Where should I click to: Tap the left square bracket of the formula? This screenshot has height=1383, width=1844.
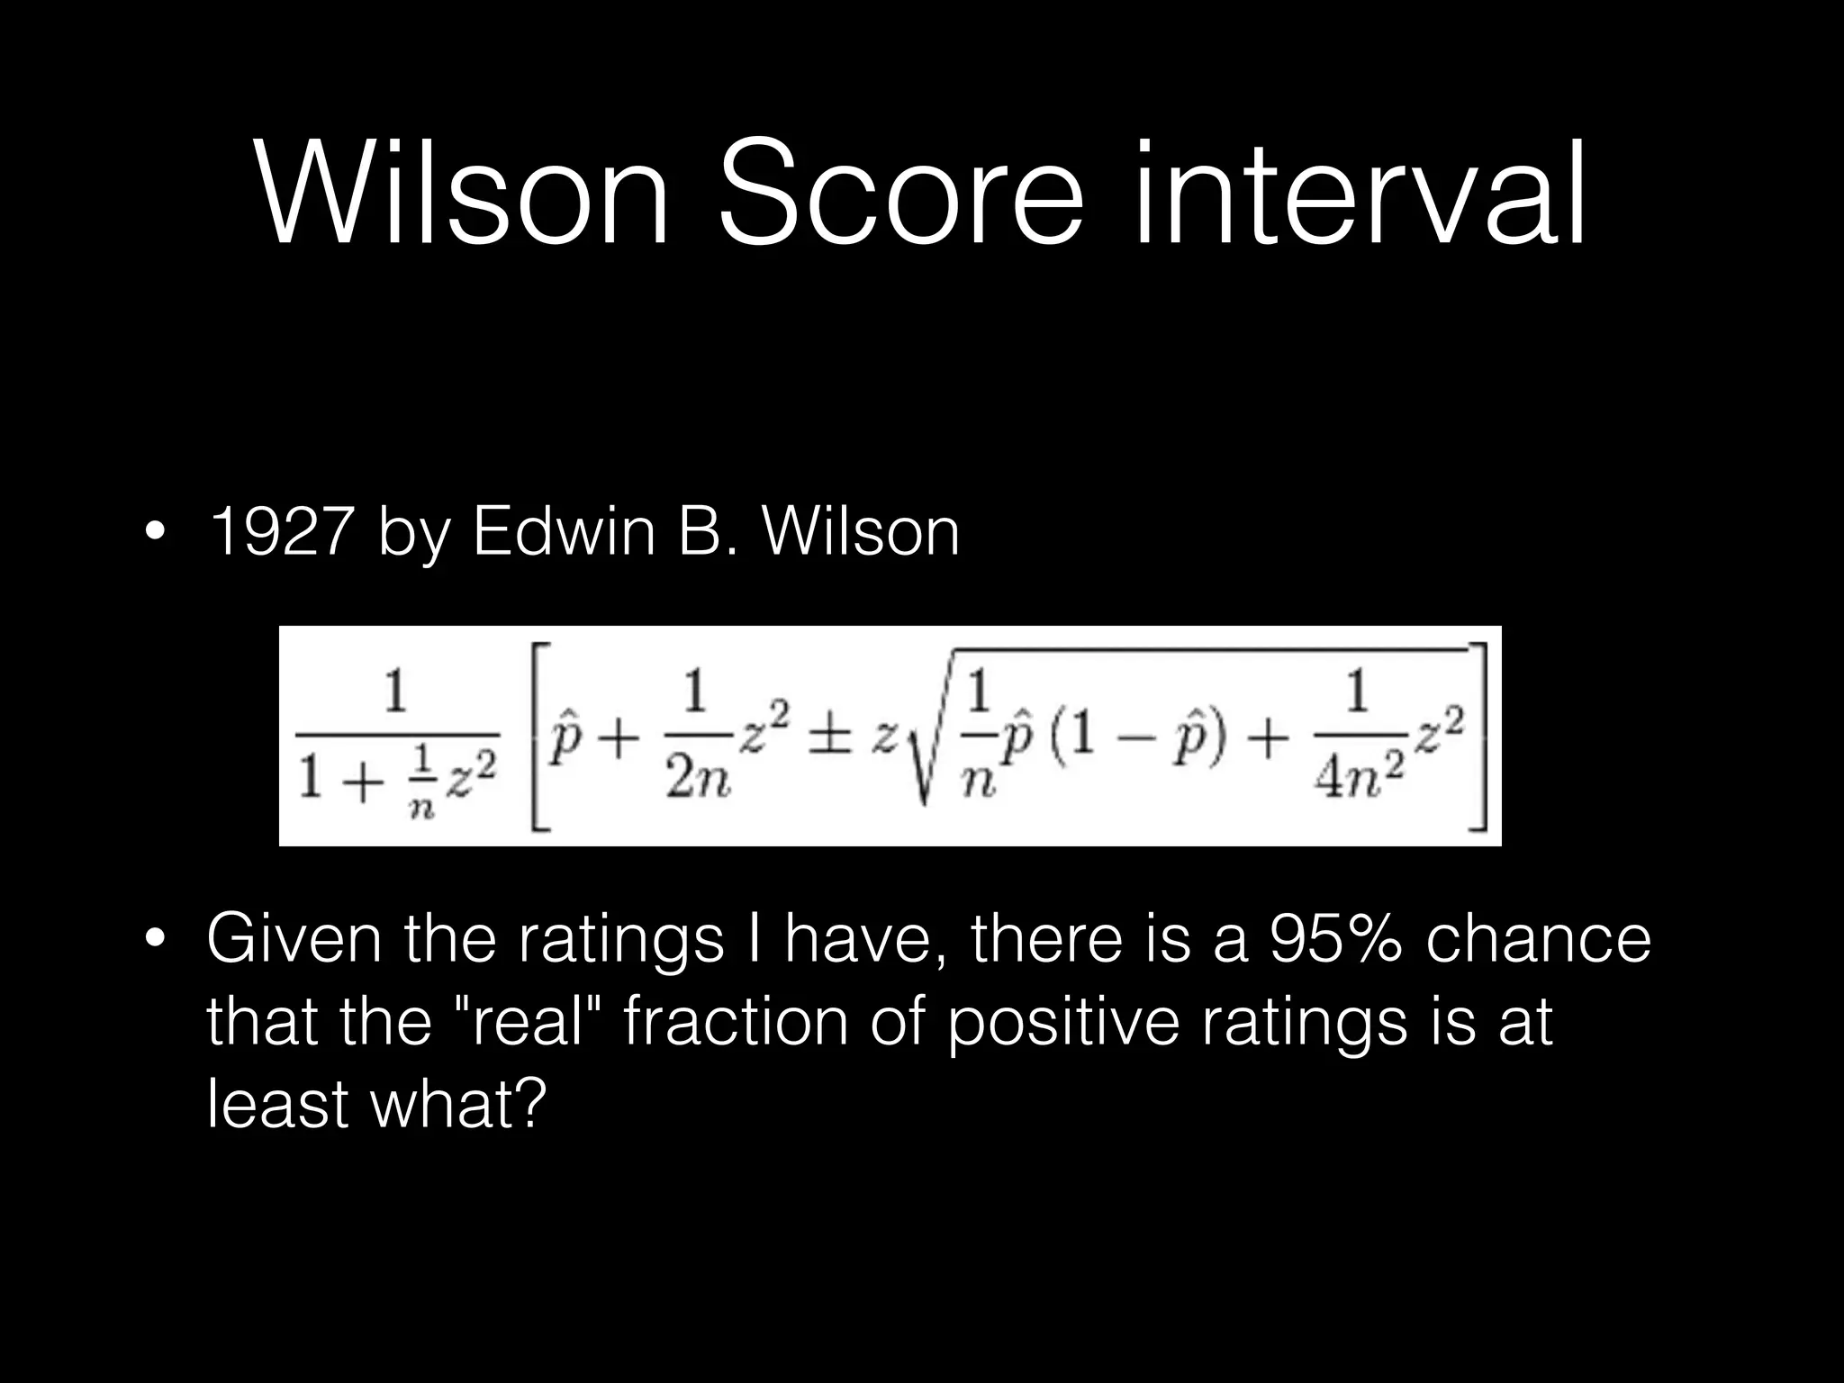(540, 737)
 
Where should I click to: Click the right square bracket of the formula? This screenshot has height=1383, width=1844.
(1478, 737)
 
